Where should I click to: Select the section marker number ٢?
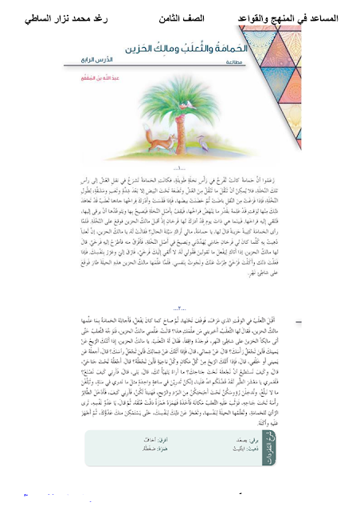click(x=178, y=328)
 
